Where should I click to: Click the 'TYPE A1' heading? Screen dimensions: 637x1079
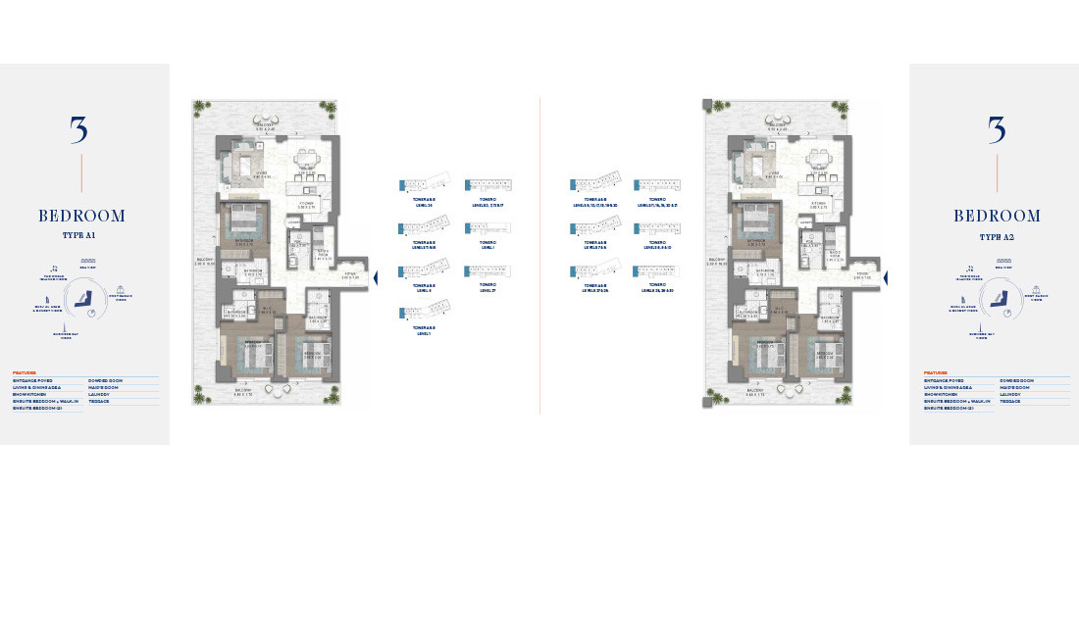point(83,236)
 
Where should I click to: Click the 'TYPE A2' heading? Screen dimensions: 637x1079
point(997,236)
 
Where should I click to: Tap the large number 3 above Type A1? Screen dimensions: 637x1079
point(79,130)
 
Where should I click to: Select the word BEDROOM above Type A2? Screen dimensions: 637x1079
point(997,216)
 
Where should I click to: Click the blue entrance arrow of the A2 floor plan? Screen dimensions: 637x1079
point(886,278)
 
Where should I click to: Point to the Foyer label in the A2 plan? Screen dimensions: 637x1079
point(862,276)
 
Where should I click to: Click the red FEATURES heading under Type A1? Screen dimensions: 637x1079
point(25,372)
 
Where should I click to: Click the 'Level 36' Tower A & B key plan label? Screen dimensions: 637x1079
point(425,202)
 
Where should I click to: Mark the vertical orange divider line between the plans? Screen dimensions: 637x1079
point(539,255)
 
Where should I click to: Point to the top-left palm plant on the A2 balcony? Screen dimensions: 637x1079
point(718,107)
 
